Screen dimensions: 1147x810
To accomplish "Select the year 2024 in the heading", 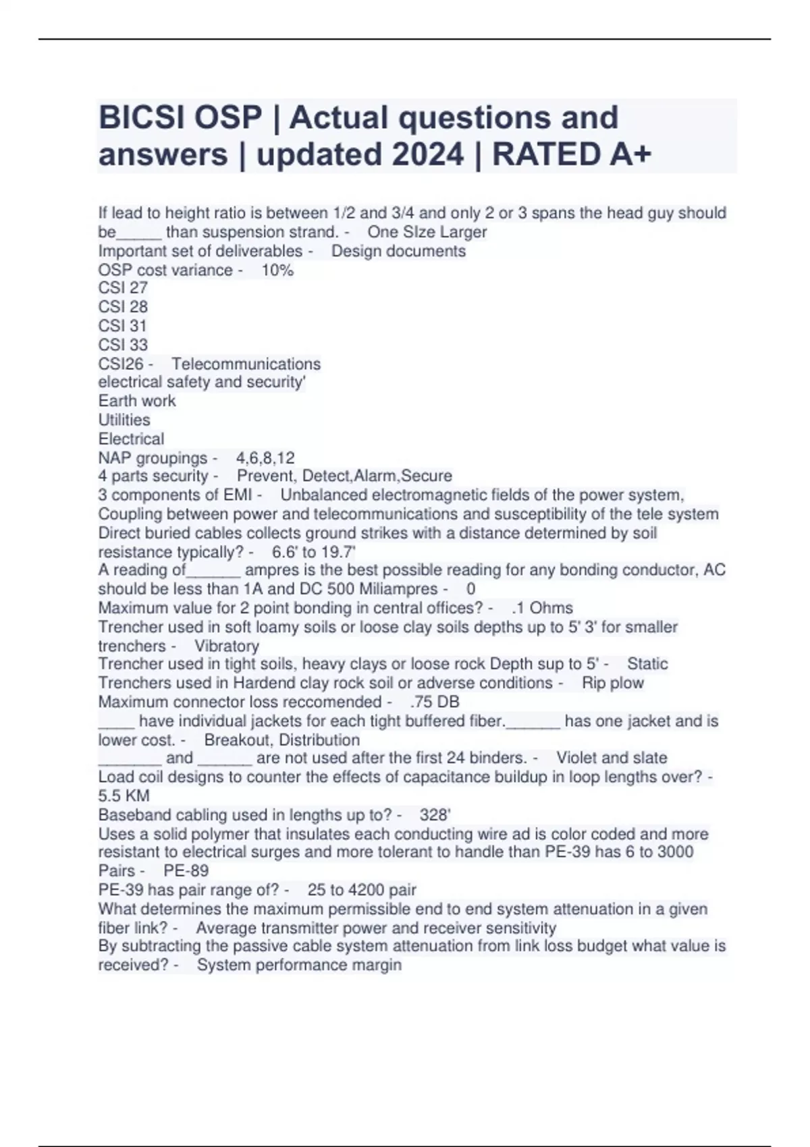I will click(x=428, y=155).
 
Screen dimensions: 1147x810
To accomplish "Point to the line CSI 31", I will click(x=123, y=326).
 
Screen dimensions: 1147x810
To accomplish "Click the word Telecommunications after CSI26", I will click(x=246, y=364).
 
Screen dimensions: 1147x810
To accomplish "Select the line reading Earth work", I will click(x=137, y=401).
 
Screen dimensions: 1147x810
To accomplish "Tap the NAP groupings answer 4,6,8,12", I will click(x=265, y=458).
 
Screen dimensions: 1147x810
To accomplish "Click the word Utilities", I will click(x=124, y=420).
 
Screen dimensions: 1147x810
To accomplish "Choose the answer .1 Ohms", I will click(x=543, y=608).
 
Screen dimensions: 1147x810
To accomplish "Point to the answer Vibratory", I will click(x=227, y=646).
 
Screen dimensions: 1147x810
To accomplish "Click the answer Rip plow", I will click(x=613, y=683).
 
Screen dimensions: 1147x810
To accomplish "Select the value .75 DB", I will click(x=435, y=702).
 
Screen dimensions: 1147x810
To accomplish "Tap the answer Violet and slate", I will click(x=612, y=758).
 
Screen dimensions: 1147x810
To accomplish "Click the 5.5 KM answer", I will click(x=124, y=795).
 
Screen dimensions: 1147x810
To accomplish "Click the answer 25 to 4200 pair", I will click(x=362, y=890).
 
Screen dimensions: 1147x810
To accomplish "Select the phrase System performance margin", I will click(x=299, y=965).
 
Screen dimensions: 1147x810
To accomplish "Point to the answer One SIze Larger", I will click(x=427, y=232).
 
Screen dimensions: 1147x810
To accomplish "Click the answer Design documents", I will click(x=398, y=251).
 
